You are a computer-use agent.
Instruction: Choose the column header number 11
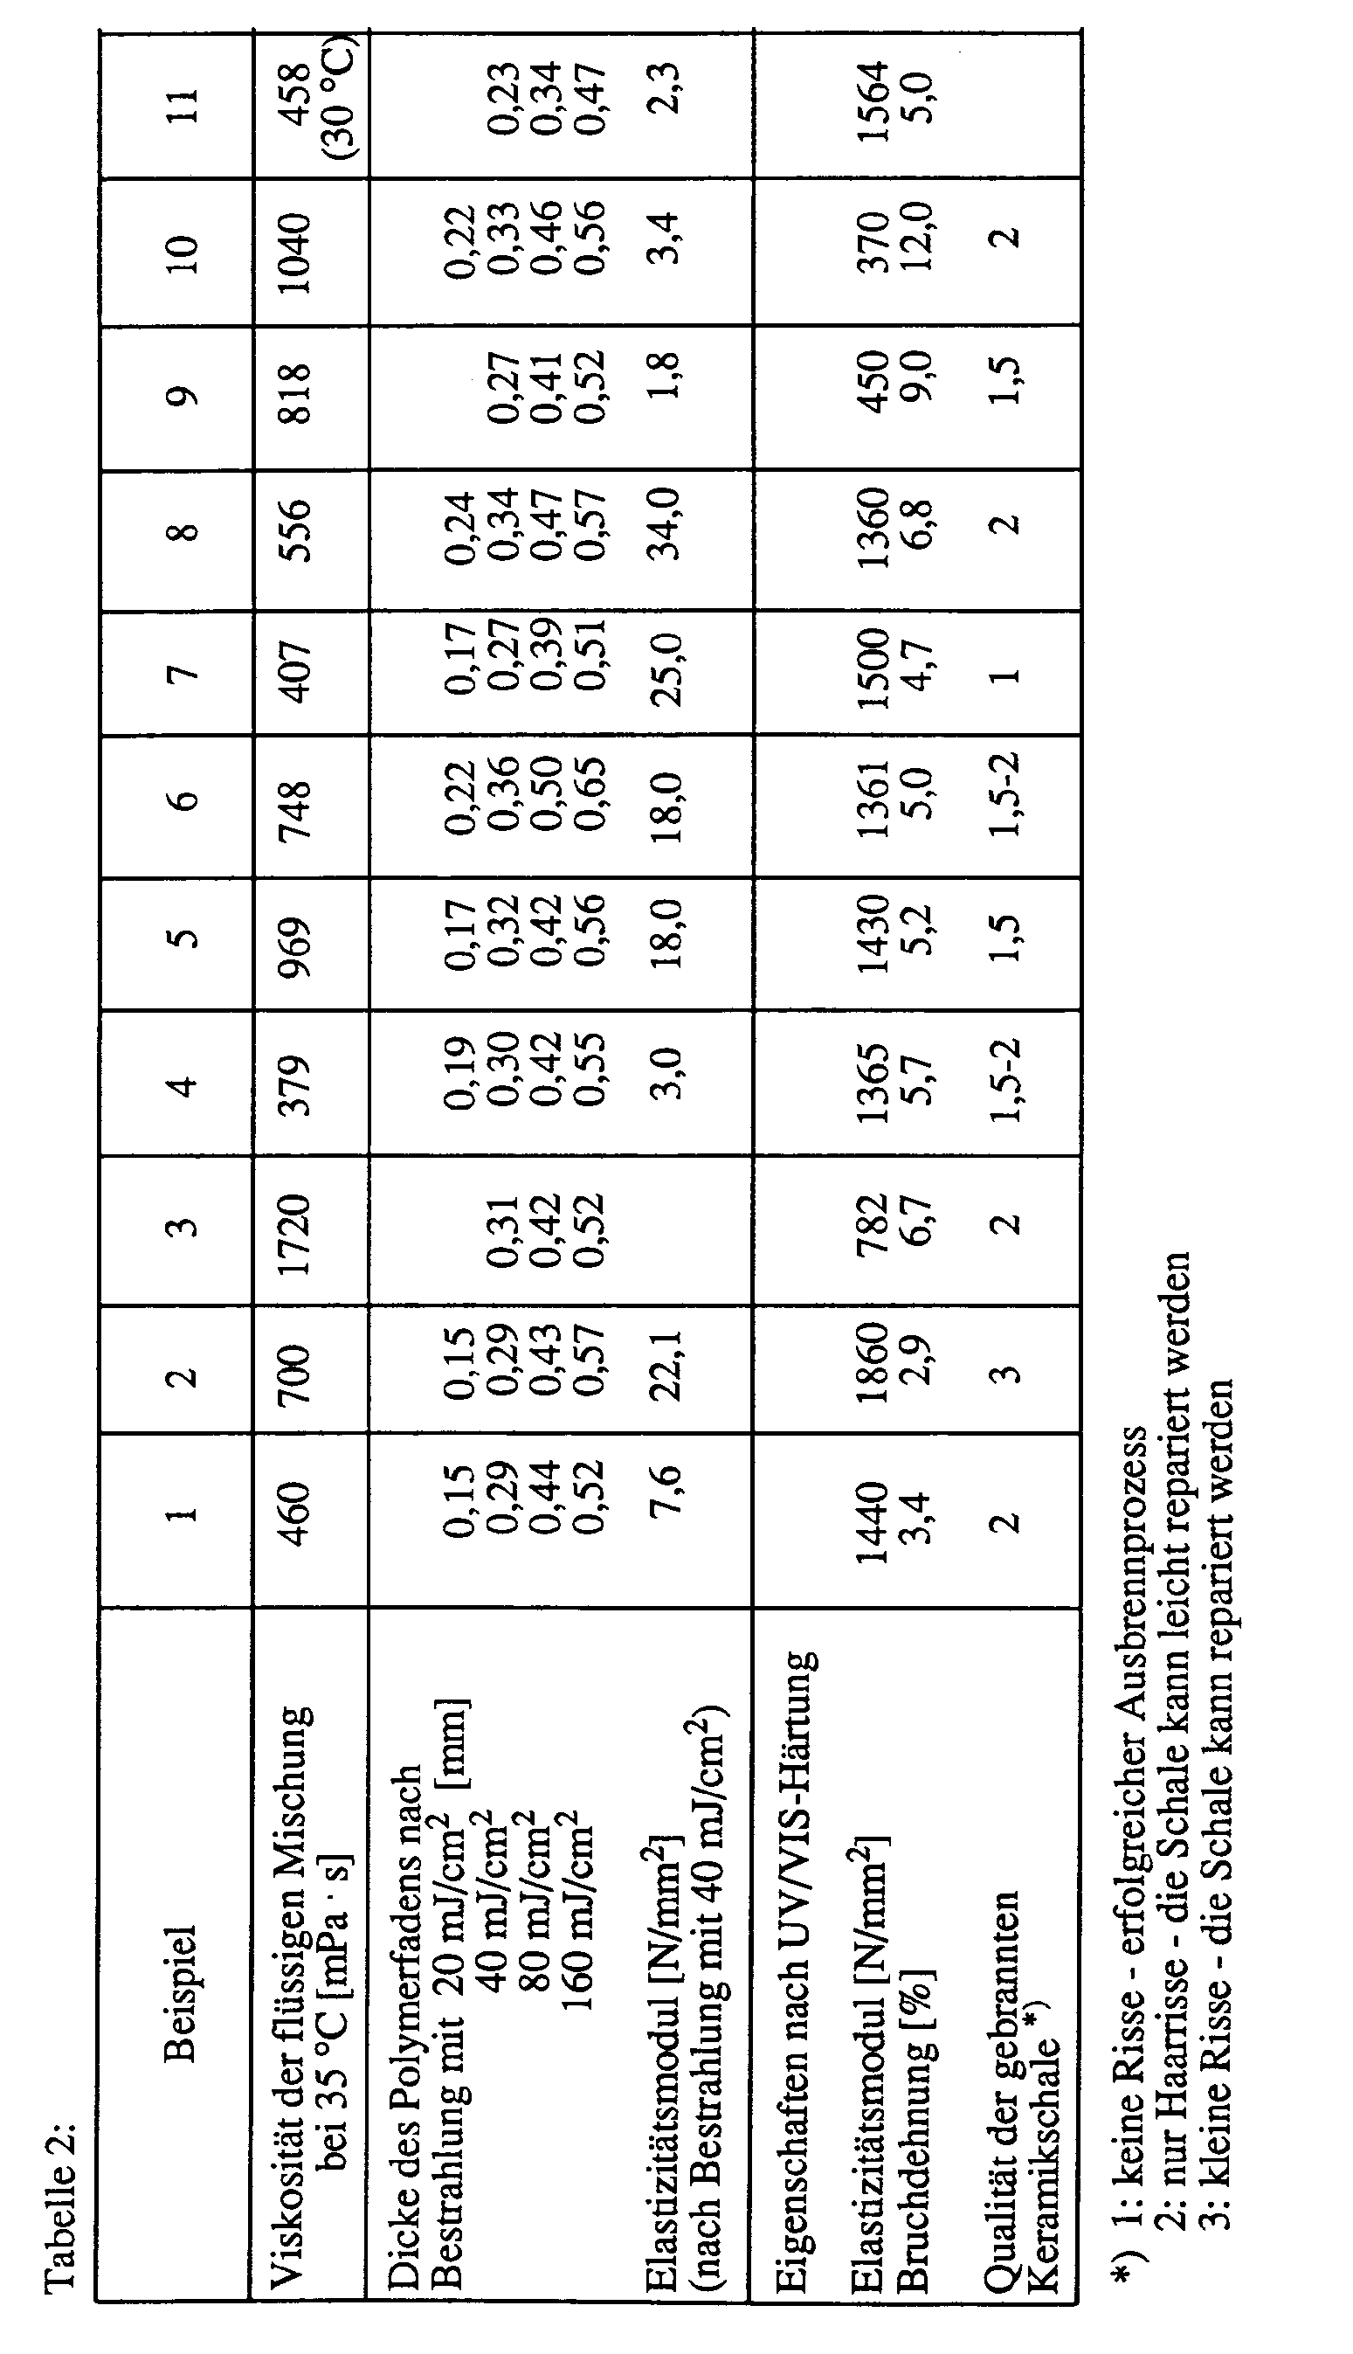(x=181, y=105)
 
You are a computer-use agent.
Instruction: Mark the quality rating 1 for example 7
(x=1006, y=675)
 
